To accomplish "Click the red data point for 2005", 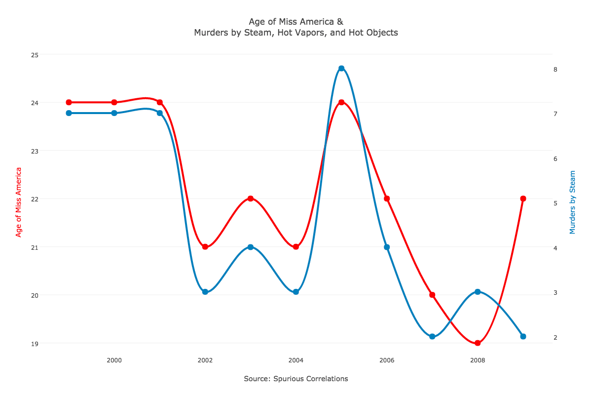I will pos(341,102).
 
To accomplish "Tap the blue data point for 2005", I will pos(341,69).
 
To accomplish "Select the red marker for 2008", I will pos(478,343).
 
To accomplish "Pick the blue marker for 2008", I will pos(478,292).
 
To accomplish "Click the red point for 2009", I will pos(523,198).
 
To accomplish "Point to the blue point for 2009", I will pos(523,336).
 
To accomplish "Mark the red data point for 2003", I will pos(251,198).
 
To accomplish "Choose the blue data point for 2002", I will pos(205,292).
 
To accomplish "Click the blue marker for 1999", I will pos(69,113).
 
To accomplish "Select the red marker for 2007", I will pos(432,295).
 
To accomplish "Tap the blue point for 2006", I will pos(387,247).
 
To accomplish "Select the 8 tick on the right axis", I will pos(555,70).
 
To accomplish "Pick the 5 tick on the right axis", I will pos(555,203).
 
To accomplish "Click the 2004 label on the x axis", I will pos(296,360).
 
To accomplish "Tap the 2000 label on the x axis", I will pos(114,360).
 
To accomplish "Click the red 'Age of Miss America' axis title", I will pos(19,202).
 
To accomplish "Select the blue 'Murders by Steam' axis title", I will pos(573,202).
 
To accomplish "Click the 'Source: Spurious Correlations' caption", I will pos(296,379).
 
